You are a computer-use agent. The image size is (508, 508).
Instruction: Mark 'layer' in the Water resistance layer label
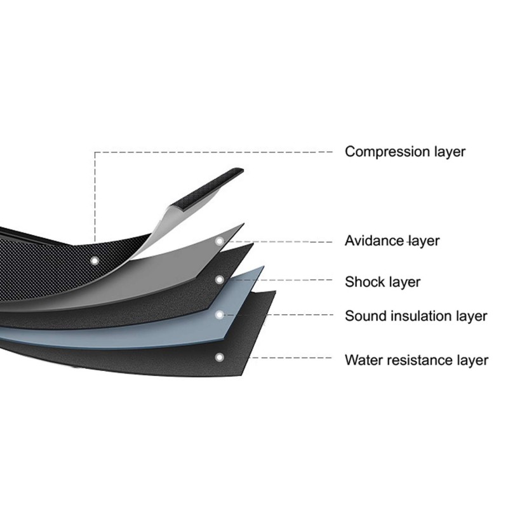pos(471,360)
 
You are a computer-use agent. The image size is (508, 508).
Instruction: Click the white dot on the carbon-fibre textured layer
pos(95,260)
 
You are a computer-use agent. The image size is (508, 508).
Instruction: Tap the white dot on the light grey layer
pos(220,241)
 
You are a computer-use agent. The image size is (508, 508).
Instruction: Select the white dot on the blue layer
pos(220,314)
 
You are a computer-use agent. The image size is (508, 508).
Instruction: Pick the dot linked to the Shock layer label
pos(220,279)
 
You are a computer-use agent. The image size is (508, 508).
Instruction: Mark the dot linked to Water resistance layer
pos(220,357)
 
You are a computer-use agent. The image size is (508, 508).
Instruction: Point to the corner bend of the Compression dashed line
pos(95,152)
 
